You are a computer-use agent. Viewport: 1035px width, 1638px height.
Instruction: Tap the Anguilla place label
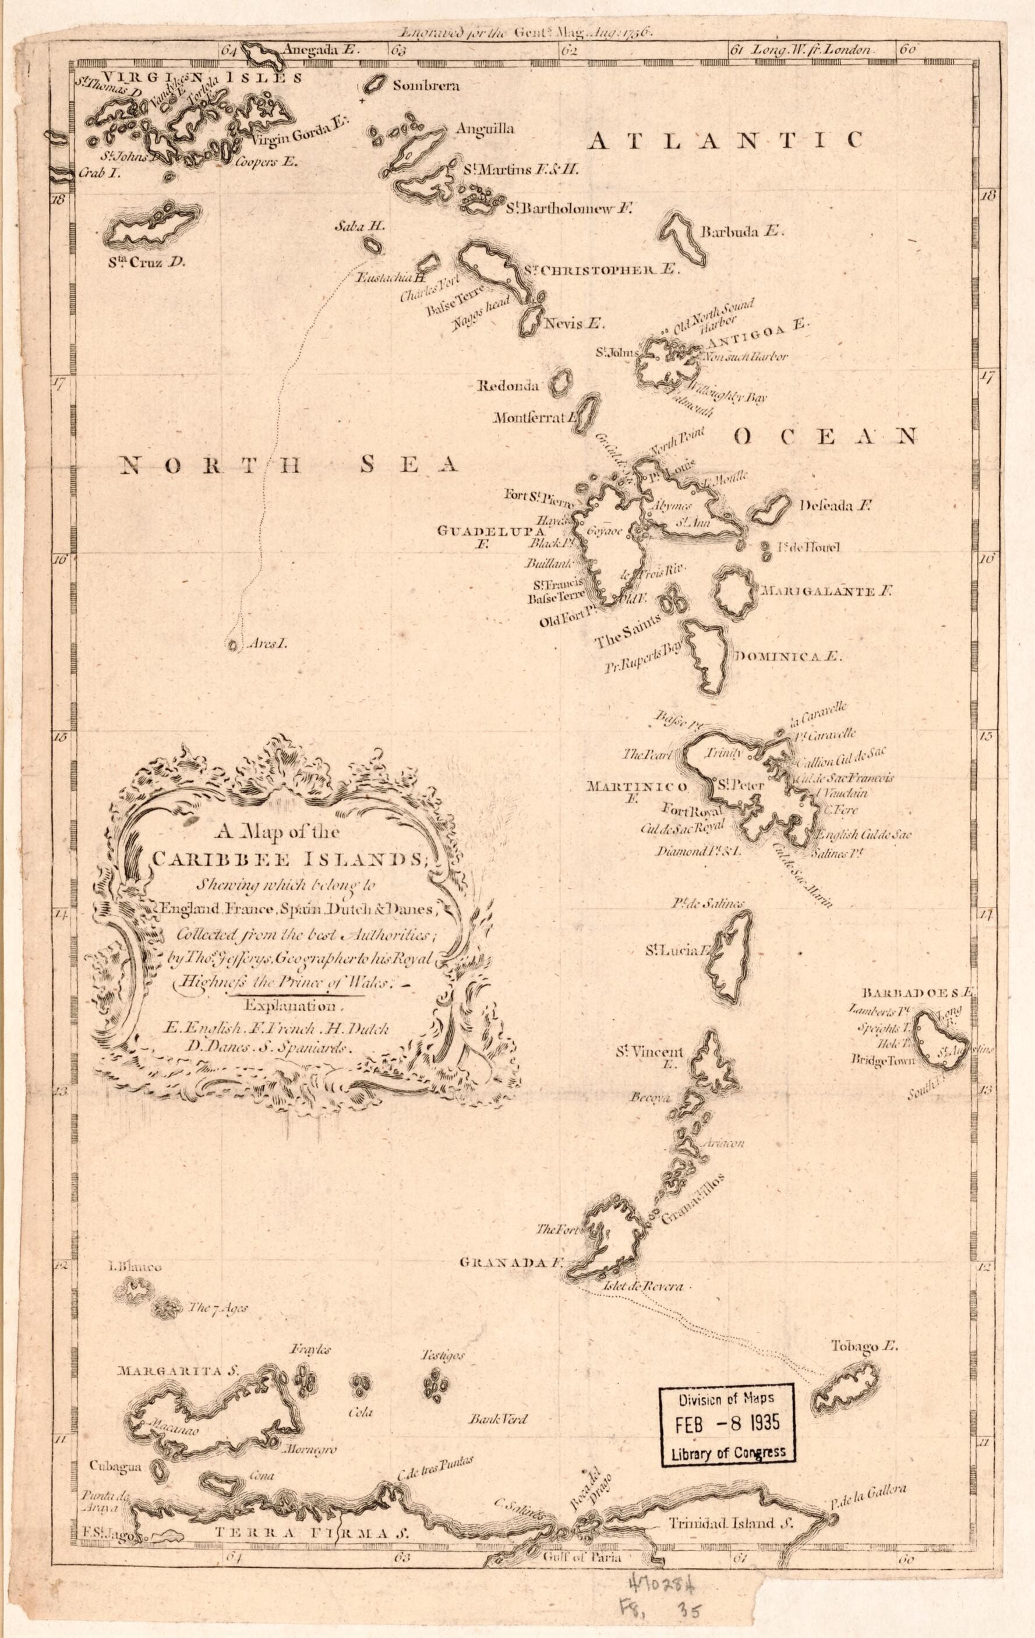pyautogui.click(x=485, y=129)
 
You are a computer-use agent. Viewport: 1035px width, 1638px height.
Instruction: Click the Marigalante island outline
pyautogui.click(x=732, y=592)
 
